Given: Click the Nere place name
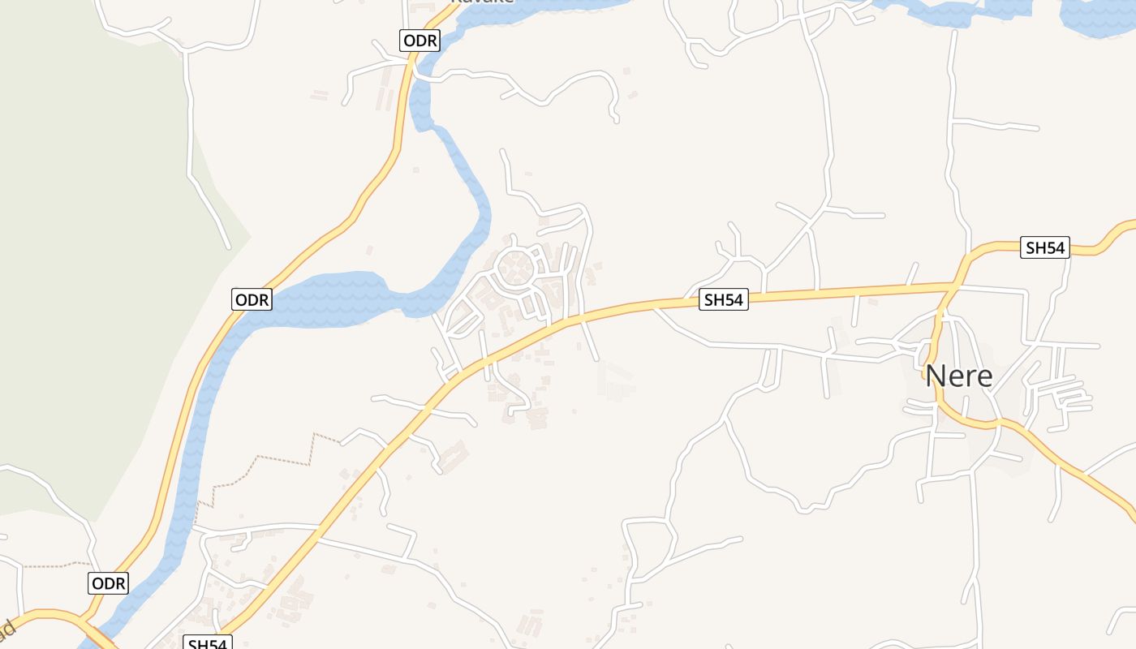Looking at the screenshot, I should [958, 376].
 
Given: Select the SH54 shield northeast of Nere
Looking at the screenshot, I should [1044, 248].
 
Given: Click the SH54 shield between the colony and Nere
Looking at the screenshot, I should [723, 300].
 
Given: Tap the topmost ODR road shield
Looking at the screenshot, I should [420, 41].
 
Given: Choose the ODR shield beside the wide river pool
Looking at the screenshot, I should [251, 299].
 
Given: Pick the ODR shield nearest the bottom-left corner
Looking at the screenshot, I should [108, 583].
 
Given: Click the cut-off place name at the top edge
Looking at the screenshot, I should [482, 2].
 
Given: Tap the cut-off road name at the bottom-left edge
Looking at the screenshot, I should [6, 631].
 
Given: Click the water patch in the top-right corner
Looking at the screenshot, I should [1095, 16].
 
